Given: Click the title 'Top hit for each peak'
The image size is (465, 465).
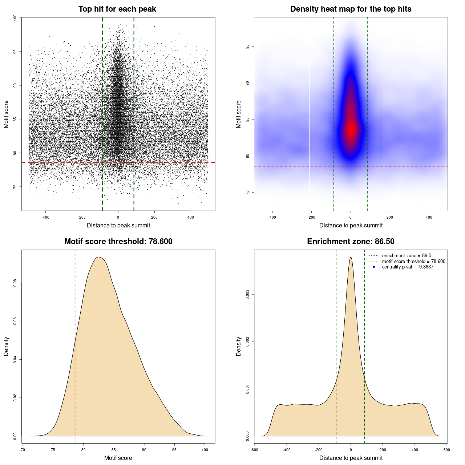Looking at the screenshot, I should click(117, 9).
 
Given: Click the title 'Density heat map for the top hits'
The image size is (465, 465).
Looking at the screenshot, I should click(351, 9).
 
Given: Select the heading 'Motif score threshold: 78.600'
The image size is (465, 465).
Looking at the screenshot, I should click(118, 242).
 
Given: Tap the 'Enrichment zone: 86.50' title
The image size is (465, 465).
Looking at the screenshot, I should click(351, 242).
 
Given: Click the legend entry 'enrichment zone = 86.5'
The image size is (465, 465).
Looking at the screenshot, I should click(407, 256).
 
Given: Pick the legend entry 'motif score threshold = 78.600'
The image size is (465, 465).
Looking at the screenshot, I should click(413, 261).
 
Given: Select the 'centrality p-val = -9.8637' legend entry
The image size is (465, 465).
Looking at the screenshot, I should click(408, 267).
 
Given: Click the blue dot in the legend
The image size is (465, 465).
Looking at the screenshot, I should click(374, 267).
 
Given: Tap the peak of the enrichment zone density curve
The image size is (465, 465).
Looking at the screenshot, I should click(351, 258).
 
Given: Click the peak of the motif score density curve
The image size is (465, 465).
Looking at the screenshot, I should click(98, 257).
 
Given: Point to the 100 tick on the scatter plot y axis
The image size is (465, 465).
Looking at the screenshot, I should click(15, 17).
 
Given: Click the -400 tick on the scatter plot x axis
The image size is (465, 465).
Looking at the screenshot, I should click(45, 217).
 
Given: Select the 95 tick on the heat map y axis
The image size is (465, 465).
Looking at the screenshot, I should click(247, 47).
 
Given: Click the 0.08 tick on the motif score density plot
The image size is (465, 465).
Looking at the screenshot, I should click(15, 283).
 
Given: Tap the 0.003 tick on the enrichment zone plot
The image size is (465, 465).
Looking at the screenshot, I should click(247, 295).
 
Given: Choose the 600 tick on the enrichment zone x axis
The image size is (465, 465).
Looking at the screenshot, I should click(446, 450).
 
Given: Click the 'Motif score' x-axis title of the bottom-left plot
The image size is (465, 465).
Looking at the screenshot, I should click(118, 458).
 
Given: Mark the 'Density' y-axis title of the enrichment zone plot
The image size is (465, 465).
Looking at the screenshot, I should click(239, 346).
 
